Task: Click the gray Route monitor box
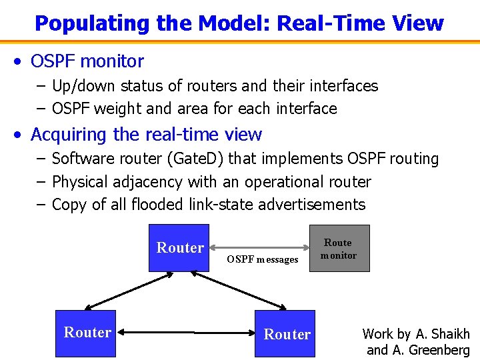coord(339,249)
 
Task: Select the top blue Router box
coord(179,248)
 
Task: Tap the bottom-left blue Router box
coord(87,332)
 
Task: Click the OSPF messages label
coord(262,259)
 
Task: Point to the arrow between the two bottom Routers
coord(187,332)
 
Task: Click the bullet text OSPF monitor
coord(87,61)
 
